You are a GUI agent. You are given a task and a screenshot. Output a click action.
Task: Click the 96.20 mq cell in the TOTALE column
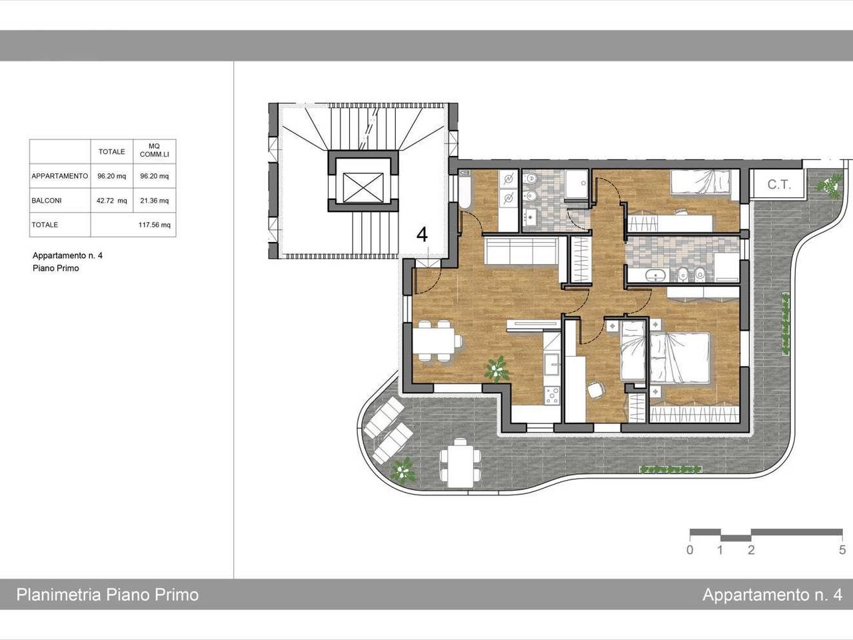pyautogui.click(x=111, y=176)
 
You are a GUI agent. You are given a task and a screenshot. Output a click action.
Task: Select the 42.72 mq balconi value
pyautogui.click(x=111, y=201)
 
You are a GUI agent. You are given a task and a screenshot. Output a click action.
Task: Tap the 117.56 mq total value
pyautogui.click(x=155, y=225)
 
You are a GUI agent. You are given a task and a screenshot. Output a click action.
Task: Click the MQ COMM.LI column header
pyautogui.click(x=155, y=151)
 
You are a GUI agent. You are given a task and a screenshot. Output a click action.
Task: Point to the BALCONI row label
pyautogui.click(x=46, y=201)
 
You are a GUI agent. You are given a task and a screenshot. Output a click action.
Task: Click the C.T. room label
pyautogui.click(x=779, y=185)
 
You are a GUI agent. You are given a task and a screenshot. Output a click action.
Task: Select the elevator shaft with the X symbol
pyautogui.click(x=363, y=188)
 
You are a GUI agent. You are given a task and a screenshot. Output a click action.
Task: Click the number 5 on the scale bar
pyautogui.click(x=842, y=550)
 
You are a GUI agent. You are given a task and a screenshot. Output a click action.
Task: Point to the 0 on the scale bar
pyautogui.click(x=690, y=550)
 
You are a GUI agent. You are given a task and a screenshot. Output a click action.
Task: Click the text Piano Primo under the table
pyautogui.click(x=55, y=268)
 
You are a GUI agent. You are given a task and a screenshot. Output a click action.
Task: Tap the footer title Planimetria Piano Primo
pyautogui.click(x=107, y=595)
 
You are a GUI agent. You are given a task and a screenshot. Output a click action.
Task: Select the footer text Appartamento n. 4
pyautogui.click(x=772, y=595)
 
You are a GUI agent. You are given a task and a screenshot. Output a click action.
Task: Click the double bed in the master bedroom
pyautogui.click(x=680, y=357)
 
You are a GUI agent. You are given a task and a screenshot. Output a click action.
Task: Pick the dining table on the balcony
pyautogui.click(x=460, y=463)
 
